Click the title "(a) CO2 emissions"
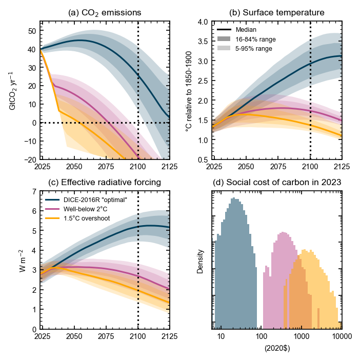click(105, 12)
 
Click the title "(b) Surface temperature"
click(277, 12)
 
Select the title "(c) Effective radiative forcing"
click(105, 182)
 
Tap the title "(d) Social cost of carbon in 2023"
click(277, 182)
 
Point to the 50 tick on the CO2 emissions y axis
click(32, 31)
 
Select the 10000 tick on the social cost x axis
click(340, 337)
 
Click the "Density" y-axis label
click(201, 261)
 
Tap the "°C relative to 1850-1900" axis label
click(189, 90)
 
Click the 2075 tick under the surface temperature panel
click(277, 167)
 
